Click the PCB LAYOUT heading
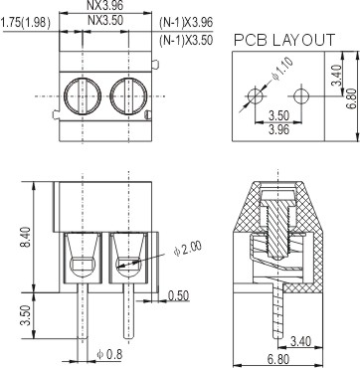coord(284,40)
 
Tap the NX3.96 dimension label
coord(105,5)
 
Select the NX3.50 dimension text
coord(105,21)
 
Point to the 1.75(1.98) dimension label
coord(26,23)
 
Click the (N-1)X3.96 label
coord(186,22)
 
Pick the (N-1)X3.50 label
coord(186,40)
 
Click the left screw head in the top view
coord(83,96)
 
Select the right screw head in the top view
coord(128,96)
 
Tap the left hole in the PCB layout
coord(256,96)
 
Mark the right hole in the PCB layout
coord(301,96)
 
